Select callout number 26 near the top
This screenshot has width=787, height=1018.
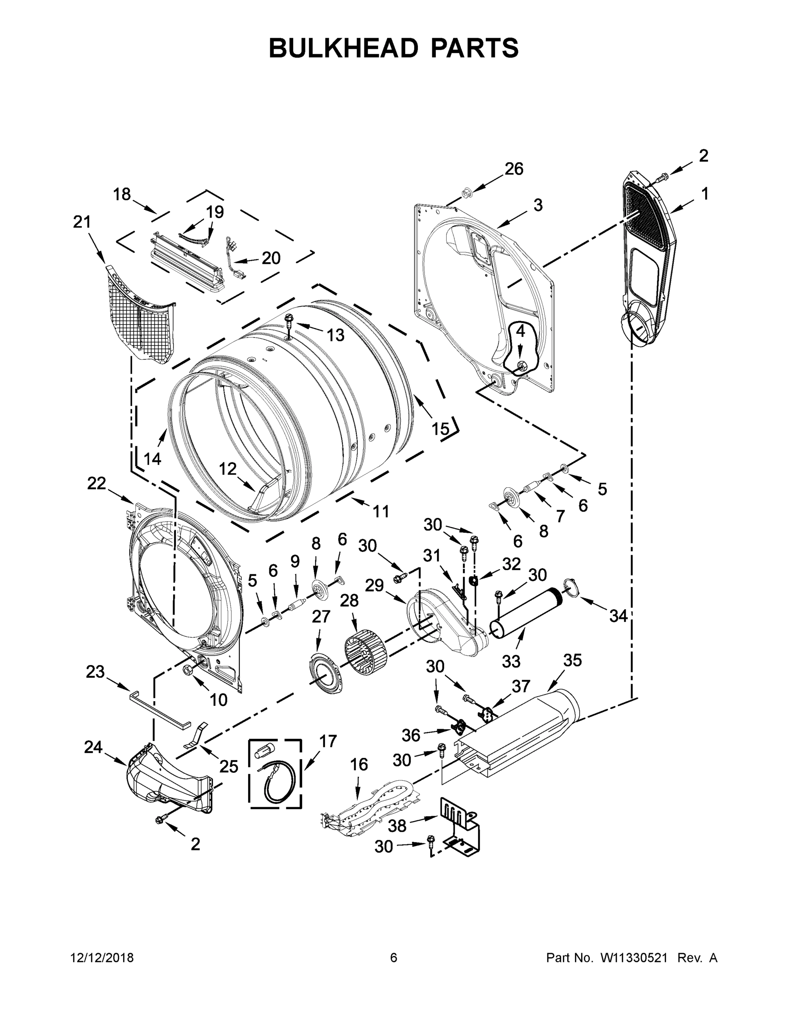(x=514, y=169)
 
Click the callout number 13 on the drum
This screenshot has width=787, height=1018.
(x=335, y=335)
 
